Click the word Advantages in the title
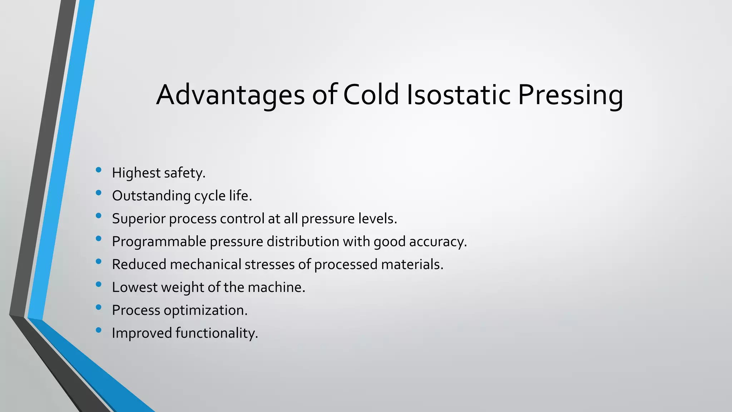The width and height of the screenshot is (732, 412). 231,95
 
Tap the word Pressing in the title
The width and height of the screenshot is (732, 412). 570,95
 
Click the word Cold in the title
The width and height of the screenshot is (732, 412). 371,95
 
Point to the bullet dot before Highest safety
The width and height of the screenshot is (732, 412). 99,170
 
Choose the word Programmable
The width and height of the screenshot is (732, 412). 159,242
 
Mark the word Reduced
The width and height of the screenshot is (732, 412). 139,265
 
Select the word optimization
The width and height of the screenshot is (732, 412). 205,310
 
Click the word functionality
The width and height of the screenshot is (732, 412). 216,333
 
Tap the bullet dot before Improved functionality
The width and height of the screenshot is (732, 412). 99,330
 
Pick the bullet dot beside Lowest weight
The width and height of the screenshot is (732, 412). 99,285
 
